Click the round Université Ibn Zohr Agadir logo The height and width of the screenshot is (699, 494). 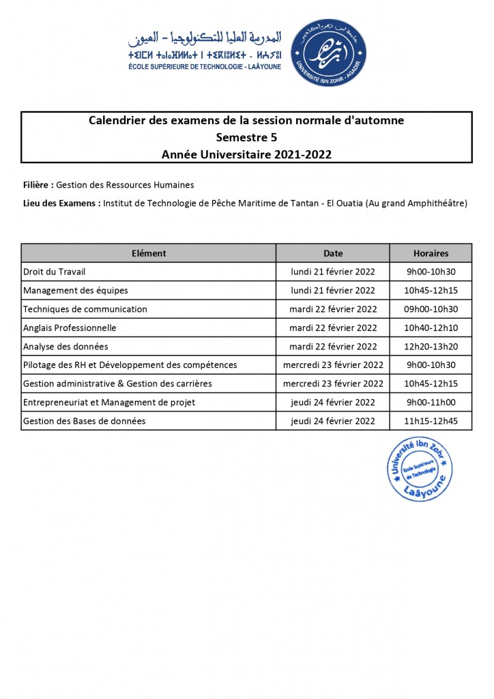(328, 53)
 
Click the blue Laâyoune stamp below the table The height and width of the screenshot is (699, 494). (419, 469)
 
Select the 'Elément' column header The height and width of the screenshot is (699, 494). (149, 253)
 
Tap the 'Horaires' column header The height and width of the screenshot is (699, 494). (431, 253)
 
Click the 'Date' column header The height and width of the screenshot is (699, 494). (333, 253)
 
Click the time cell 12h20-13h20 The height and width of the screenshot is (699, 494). (431, 346)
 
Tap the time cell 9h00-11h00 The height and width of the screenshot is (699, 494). (431, 402)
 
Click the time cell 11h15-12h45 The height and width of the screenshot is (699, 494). (431, 421)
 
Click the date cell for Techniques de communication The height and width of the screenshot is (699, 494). (333, 309)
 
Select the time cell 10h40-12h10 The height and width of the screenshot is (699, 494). (431, 328)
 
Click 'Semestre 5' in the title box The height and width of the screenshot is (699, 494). (246, 137)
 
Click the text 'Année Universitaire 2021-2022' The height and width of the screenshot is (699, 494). (246, 154)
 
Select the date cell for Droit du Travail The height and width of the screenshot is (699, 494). (333, 272)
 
